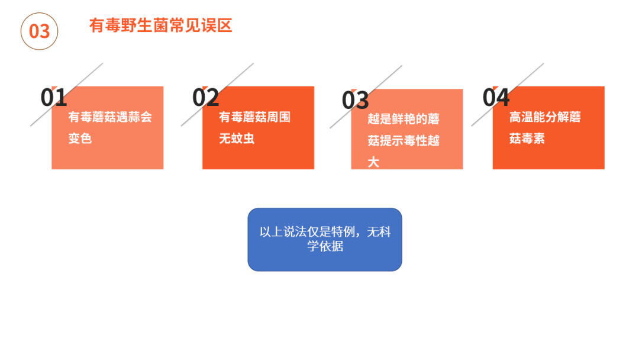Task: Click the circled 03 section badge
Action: point(40,31)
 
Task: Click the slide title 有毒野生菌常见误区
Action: point(160,25)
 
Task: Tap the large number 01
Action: point(54,98)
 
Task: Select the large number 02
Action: point(206,98)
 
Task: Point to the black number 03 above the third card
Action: point(356,100)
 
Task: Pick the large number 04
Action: point(496,98)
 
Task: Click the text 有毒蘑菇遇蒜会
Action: point(110,117)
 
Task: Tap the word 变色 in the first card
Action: point(80,138)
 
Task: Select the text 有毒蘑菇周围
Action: point(254,117)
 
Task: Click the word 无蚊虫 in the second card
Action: point(237,138)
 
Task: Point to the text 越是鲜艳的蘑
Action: point(404,118)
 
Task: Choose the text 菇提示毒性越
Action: point(404,141)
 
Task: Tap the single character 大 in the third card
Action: point(373,162)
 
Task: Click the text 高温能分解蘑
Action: point(545,117)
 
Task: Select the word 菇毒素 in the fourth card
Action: point(527,138)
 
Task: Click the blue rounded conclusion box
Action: point(325,239)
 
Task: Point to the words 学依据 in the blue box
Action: point(325,246)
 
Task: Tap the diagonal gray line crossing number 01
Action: point(66,95)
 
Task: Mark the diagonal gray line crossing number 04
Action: point(508,95)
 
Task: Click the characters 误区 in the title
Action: point(217,25)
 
